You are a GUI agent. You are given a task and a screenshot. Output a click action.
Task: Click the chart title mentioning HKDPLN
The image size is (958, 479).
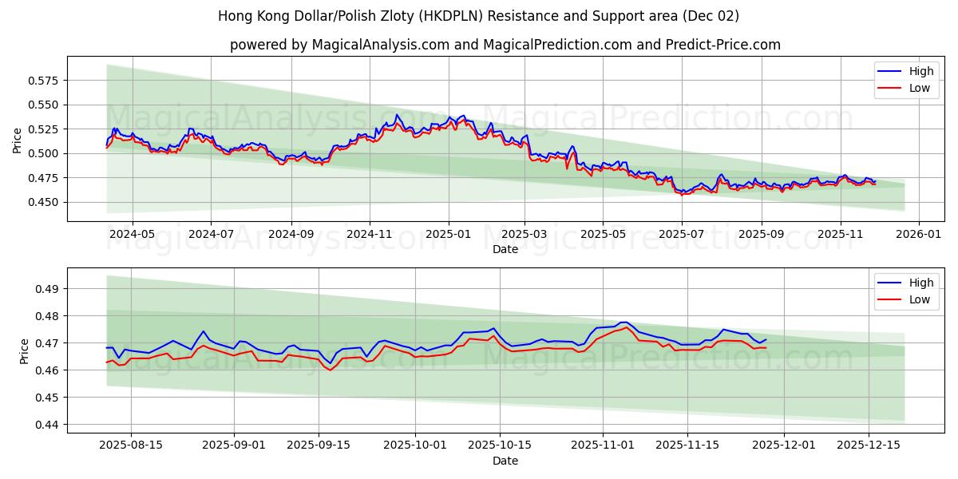tap(478, 16)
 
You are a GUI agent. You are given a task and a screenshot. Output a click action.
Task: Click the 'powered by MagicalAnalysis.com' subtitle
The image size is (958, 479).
tap(505, 45)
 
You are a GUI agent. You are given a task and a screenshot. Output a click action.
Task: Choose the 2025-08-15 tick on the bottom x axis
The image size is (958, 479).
tap(130, 445)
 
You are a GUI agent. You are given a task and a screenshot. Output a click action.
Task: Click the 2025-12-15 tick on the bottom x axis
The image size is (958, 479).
tap(868, 445)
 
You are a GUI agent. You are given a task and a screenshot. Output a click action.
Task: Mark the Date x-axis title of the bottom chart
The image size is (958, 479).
tap(505, 461)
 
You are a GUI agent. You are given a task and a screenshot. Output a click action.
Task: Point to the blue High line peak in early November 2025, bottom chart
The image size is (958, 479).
tap(624, 323)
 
